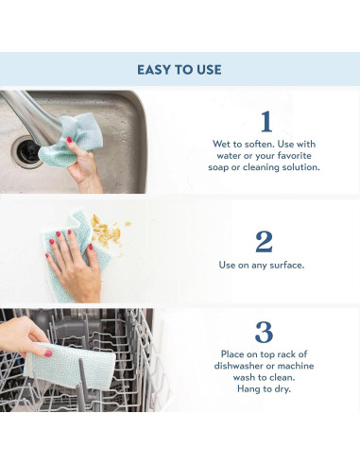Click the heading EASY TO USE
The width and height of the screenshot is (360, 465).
pos(180,70)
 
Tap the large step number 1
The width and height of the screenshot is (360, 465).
pos(266,121)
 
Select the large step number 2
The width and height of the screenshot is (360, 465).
pos(264,242)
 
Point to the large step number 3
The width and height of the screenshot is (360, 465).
pos(264,333)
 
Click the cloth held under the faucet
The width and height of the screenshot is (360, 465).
pos(72,139)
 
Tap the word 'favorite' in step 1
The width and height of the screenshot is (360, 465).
pos(294,156)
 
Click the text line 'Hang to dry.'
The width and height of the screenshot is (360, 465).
pos(264,389)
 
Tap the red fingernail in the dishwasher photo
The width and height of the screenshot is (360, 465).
pos(48,353)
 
